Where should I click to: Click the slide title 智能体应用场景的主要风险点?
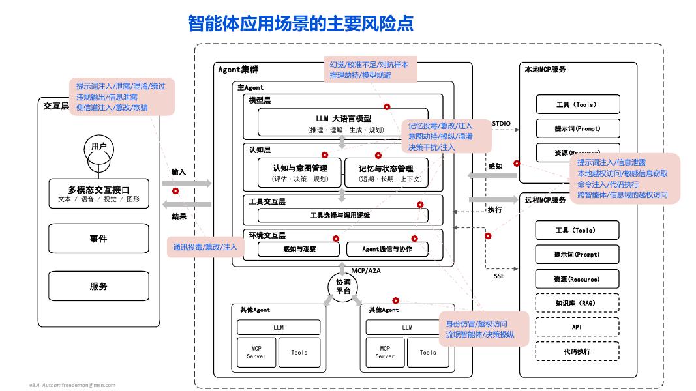click(x=301, y=23)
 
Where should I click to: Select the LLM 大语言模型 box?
click(x=339, y=123)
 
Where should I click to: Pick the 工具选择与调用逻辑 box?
click(x=340, y=215)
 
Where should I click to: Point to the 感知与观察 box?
click(x=299, y=249)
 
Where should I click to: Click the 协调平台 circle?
click(x=343, y=286)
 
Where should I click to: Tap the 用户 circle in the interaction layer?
click(x=98, y=147)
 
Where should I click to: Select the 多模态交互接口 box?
click(x=98, y=194)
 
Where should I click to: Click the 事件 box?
click(x=98, y=239)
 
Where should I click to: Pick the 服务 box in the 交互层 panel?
click(x=98, y=286)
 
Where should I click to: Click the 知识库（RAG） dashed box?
click(x=577, y=303)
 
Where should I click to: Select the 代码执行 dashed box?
click(x=577, y=351)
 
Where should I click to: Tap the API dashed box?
click(x=577, y=327)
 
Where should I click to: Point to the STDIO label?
click(x=502, y=123)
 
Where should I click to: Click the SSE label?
click(x=499, y=276)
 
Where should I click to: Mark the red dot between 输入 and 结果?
click(x=175, y=192)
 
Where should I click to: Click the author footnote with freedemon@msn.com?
click(x=72, y=385)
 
